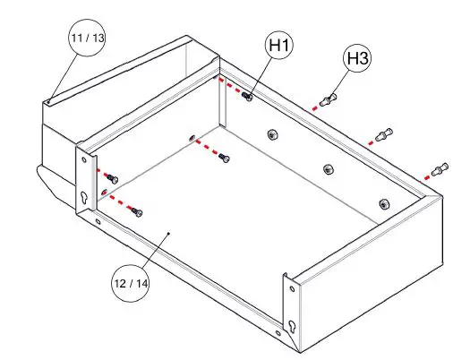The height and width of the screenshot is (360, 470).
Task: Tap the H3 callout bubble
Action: (x=358, y=60)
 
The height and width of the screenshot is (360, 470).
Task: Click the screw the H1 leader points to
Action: (x=248, y=95)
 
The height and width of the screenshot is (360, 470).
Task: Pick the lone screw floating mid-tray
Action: (x=224, y=158)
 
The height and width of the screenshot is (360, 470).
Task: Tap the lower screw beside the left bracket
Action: (x=136, y=211)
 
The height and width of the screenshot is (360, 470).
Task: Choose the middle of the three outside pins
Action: (x=384, y=135)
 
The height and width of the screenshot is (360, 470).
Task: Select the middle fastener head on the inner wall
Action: (x=328, y=169)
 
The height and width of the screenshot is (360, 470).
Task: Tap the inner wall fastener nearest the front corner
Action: (x=384, y=204)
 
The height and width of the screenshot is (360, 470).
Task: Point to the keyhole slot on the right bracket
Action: (x=292, y=326)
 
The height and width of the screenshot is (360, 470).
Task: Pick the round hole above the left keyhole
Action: (x=85, y=161)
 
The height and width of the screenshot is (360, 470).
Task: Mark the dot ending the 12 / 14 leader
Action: (x=170, y=232)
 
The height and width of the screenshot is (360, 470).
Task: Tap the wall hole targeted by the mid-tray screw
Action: (x=191, y=139)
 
